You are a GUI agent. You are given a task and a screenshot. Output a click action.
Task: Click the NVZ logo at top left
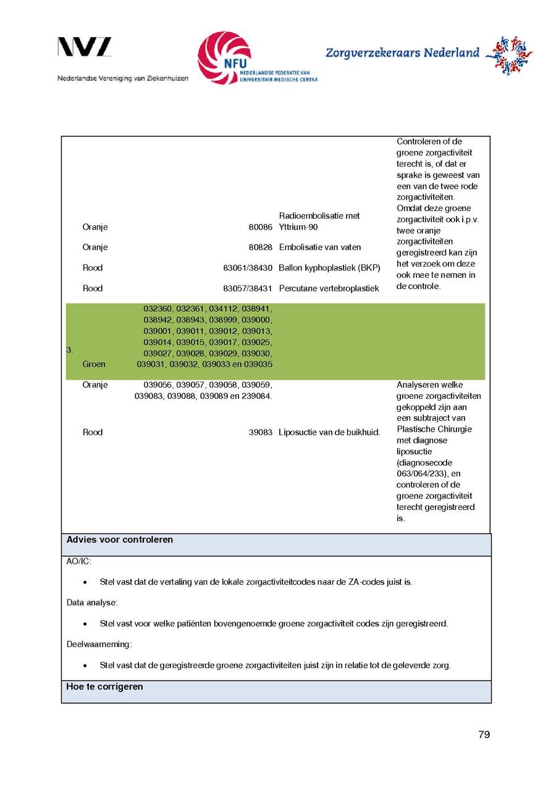click(x=85, y=47)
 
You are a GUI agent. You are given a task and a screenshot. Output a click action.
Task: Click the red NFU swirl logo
click(x=224, y=57)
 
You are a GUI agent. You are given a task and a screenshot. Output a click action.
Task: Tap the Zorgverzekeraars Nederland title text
click(x=402, y=53)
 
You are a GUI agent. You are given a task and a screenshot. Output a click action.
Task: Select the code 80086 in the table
click(x=261, y=227)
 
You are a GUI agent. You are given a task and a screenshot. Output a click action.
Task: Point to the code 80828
click(x=261, y=248)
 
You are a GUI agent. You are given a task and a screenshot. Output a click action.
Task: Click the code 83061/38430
click(x=248, y=268)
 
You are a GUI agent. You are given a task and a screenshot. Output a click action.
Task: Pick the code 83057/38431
click(x=248, y=288)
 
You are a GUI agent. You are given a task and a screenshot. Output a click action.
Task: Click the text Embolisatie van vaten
click(x=320, y=248)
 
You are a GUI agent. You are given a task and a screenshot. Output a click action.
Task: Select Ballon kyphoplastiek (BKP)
click(x=329, y=268)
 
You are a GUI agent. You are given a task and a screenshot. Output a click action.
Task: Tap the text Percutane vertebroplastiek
click(x=329, y=288)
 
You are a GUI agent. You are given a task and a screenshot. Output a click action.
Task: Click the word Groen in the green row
click(x=94, y=364)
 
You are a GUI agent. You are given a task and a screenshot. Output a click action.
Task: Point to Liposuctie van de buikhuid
click(x=329, y=433)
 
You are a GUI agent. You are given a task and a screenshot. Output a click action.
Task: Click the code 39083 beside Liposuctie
click(x=261, y=433)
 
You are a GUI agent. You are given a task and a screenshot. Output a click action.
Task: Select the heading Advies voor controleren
click(x=120, y=540)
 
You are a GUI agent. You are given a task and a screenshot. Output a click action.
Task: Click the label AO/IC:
click(x=78, y=562)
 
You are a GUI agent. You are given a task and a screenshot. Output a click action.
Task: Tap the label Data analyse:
click(x=92, y=603)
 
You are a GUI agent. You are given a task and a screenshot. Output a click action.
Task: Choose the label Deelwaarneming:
click(x=99, y=645)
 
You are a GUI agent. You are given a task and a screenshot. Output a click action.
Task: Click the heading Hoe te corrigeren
click(x=104, y=687)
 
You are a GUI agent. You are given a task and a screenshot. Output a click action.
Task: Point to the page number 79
click(x=484, y=735)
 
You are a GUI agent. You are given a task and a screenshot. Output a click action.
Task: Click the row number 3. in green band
click(x=70, y=350)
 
